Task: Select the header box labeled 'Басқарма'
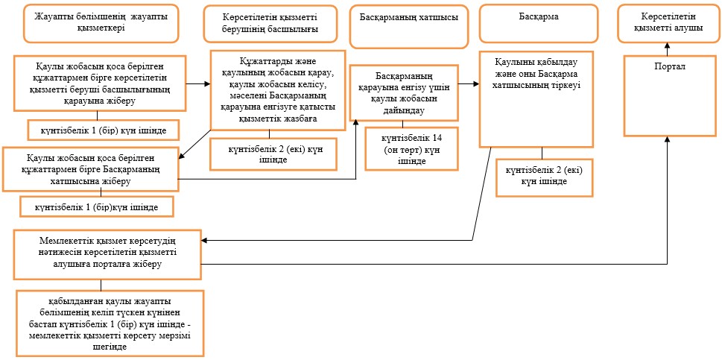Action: pos(539,24)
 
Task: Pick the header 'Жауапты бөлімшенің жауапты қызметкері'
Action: pos(101,24)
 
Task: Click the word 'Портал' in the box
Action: pos(670,67)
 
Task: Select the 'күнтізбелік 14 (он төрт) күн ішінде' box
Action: pos(411,149)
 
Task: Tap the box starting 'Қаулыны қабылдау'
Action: pos(536,98)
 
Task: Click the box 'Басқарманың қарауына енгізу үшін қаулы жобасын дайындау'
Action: pos(404,93)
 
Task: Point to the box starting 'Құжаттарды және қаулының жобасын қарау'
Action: pos(278,89)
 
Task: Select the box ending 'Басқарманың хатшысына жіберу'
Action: pos(90,169)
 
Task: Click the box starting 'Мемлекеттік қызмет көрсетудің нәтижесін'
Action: pos(107,255)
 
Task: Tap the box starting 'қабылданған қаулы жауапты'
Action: pos(110,323)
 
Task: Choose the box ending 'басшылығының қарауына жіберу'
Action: pos(99,83)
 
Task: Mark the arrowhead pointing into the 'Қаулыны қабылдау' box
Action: pos(476,84)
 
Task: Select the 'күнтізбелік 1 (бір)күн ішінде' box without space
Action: pos(97,206)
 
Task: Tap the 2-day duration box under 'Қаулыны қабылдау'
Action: pos(544,177)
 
